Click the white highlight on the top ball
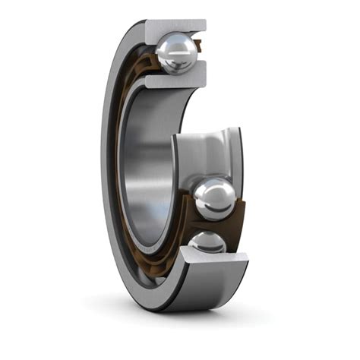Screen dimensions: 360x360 172,47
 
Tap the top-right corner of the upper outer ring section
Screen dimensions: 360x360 204,22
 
